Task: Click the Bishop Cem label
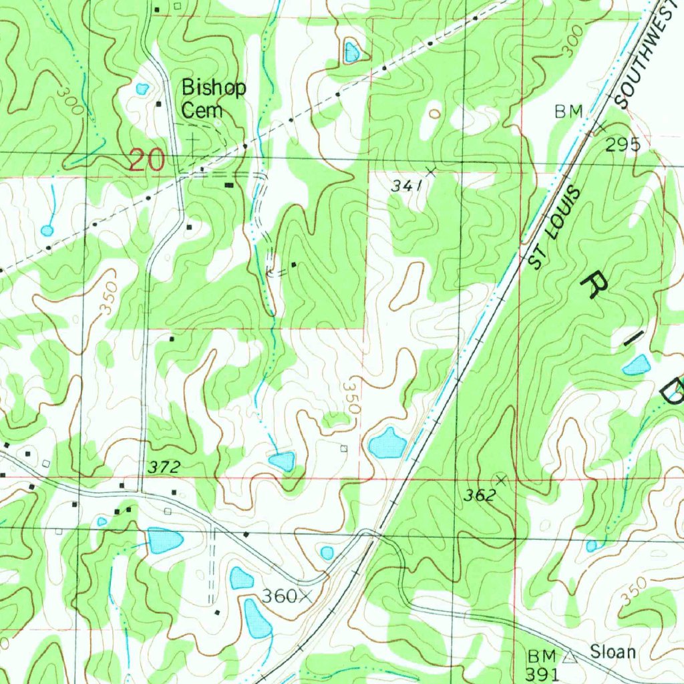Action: [x=214, y=99]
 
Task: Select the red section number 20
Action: [x=146, y=161]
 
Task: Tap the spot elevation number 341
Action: [x=406, y=187]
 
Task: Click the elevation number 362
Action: [x=480, y=495]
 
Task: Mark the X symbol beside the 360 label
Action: [x=307, y=596]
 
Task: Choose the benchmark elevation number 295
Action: [x=623, y=144]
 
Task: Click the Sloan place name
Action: [x=613, y=652]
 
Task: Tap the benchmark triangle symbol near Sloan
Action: [x=569, y=658]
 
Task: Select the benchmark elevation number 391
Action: [x=541, y=674]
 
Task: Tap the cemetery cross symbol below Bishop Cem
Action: [x=194, y=141]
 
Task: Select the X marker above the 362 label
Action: [x=500, y=479]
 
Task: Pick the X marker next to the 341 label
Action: [x=430, y=172]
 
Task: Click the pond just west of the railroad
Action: [x=387, y=444]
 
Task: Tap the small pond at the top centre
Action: [x=351, y=52]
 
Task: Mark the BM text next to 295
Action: [x=568, y=112]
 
